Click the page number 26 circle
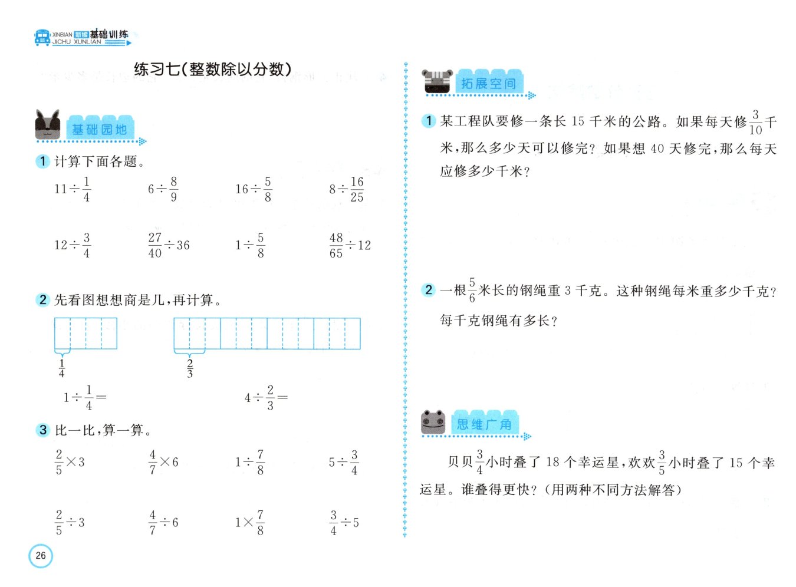41,555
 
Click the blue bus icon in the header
42,38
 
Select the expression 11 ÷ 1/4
73,189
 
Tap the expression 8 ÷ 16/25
346,189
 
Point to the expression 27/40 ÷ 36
169,245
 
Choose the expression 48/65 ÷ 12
350,245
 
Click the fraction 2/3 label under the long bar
190,368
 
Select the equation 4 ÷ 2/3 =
266,398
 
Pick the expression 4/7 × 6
164,462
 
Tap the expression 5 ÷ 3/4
343,462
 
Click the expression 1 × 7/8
250,522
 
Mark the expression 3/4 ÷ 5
344,522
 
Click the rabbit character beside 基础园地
47,124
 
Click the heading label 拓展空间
488,84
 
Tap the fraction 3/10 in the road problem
755,123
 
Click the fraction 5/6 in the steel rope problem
472,290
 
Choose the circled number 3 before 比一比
42,430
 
